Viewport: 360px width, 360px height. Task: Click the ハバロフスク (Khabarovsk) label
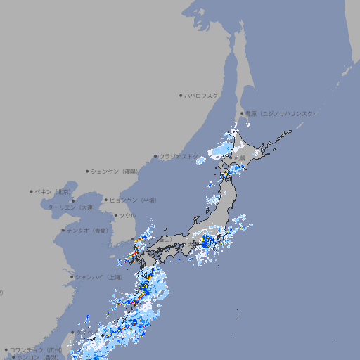point(202,95)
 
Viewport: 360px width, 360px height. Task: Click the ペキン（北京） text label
point(54,191)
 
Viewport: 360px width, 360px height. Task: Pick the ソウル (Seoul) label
point(127,215)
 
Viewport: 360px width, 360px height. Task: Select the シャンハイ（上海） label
point(98,277)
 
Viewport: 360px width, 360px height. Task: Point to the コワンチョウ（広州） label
point(35,349)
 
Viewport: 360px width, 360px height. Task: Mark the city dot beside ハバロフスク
point(181,95)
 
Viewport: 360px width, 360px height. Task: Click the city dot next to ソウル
point(115,215)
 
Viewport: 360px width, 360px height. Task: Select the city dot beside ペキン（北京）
point(32,191)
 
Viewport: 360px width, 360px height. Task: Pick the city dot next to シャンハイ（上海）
point(72,277)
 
